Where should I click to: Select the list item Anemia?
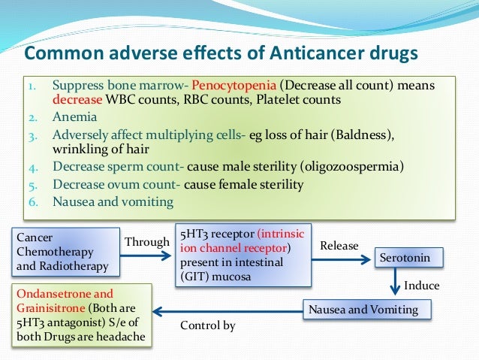pos(74,116)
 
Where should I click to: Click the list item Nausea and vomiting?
pos(113,201)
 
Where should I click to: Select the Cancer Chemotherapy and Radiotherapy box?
pos(65,252)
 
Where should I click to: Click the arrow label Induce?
pos(422,286)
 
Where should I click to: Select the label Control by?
pos(208,325)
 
